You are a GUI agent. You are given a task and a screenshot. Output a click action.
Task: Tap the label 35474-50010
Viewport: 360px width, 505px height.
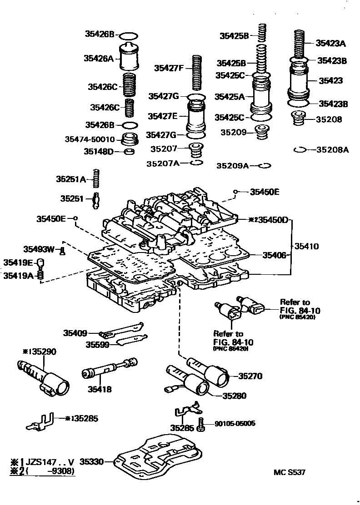click(x=90, y=139)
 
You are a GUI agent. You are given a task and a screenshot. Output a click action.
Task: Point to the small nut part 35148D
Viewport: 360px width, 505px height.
click(x=129, y=151)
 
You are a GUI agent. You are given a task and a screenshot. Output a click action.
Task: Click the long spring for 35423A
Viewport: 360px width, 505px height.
click(x=300, y=44)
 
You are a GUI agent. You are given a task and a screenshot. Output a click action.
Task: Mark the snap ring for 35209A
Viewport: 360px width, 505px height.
click(x=264, y=166)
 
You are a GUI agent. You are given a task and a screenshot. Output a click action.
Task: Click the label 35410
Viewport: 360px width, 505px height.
click(x=307, y=247)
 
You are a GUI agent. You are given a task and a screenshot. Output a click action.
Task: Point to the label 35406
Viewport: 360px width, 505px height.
click(x=274, y=255)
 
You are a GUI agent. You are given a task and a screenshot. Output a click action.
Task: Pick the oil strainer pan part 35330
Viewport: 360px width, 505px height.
click(x=157, y=459)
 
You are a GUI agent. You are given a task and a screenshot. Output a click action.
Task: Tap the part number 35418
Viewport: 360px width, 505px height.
click(x=100, y=389)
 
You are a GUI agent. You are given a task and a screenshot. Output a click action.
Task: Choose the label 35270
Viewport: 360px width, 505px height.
click(x=250, y=376)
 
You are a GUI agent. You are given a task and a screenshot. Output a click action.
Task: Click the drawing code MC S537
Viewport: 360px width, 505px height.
click(x=289, y=472)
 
